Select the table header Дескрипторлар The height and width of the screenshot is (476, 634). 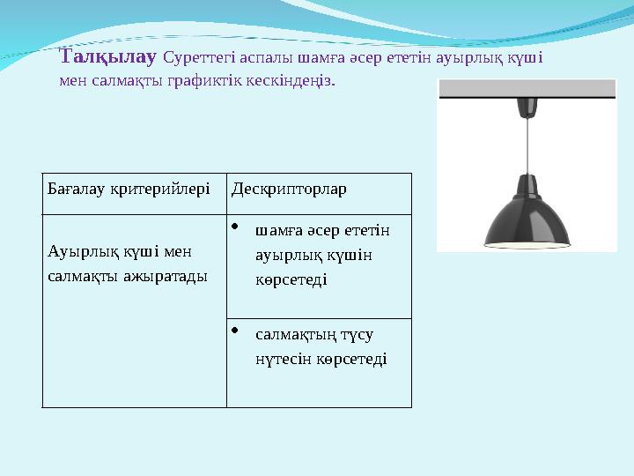point(289,190)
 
